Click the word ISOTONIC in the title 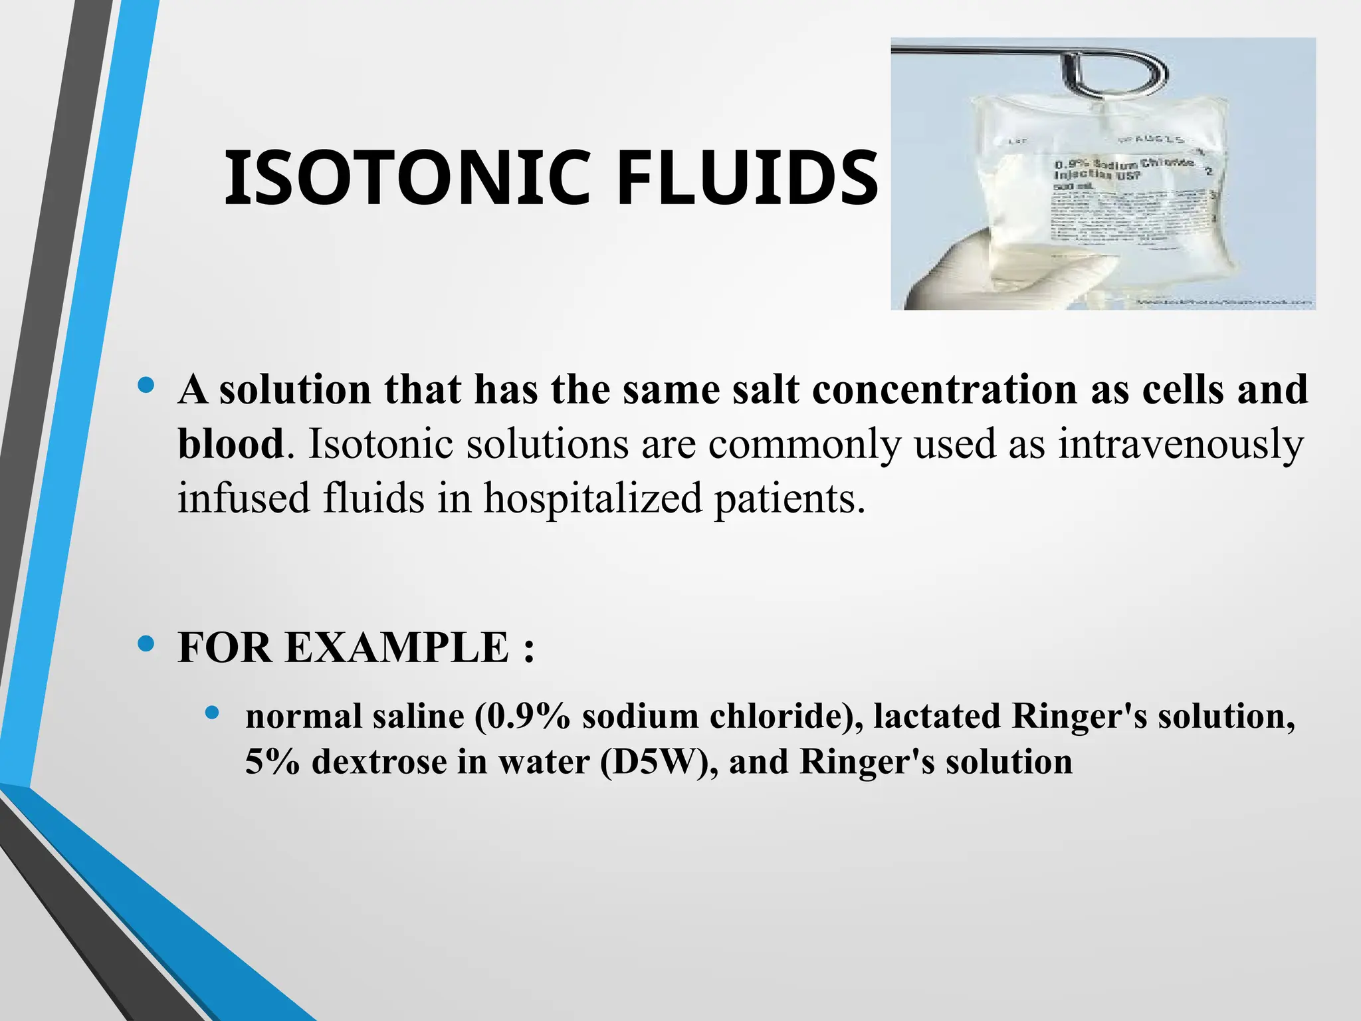click(407, 178)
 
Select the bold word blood click(231, 444)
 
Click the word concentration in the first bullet click(944, 390)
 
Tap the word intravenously click(1180, 444)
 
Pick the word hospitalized click(592, 498)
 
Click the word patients click(789, 498)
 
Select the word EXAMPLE click(397, 647)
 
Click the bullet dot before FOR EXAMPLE click(146, 643)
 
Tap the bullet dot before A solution click(146, 385)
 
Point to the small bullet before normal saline click(212, 713)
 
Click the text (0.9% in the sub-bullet click(522, 717)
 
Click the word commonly click(804, 444)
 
